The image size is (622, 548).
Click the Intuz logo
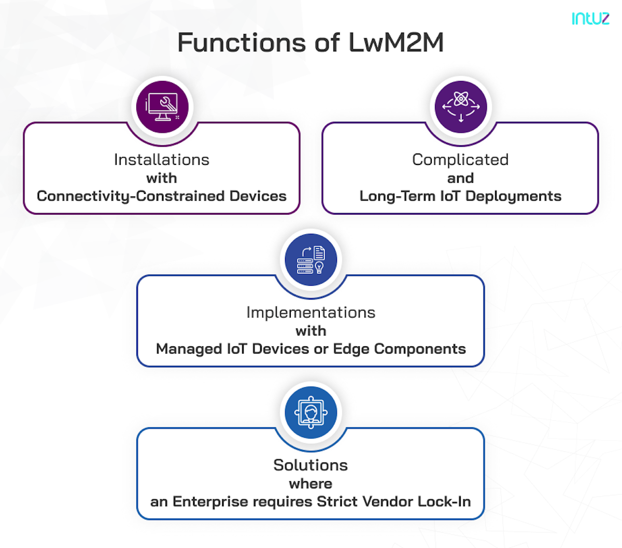(x=590, y=18)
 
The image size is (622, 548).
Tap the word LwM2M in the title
(x=396, y=43)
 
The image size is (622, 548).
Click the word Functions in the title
(x=242, y=43)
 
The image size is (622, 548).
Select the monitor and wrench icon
(x=162, y=107)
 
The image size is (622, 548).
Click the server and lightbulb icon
(x=311, y=260)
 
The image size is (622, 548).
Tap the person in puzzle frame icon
(x=311, y=413)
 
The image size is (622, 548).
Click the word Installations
(x=162, y=160)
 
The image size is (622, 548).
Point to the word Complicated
(x=460, y=160)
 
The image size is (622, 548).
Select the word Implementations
(x=311, y=313)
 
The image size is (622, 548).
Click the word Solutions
(x=310, y=465)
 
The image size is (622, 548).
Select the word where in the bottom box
(x=310, y=484)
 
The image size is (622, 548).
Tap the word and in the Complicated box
(x=460, y=178)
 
